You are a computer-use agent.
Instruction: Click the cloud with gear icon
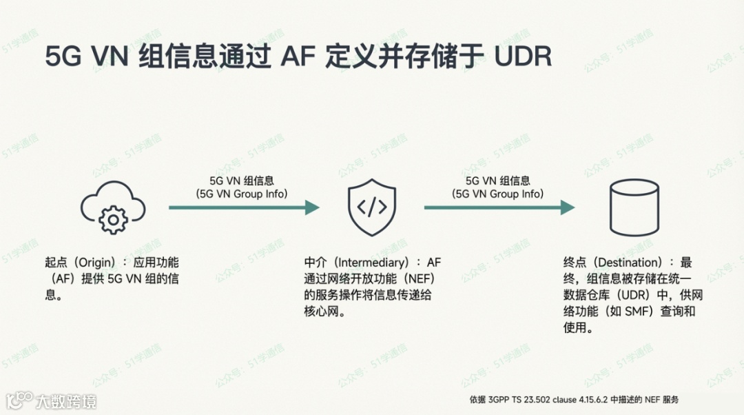click(x=113, y=207)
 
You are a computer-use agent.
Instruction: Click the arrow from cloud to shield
click(x=244, y=207)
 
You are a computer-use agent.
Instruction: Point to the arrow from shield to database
click(x=499, y=207)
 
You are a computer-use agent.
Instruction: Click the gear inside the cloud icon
click(x=113, y=219)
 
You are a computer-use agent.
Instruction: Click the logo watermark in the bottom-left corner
click(x=51, y=400)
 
